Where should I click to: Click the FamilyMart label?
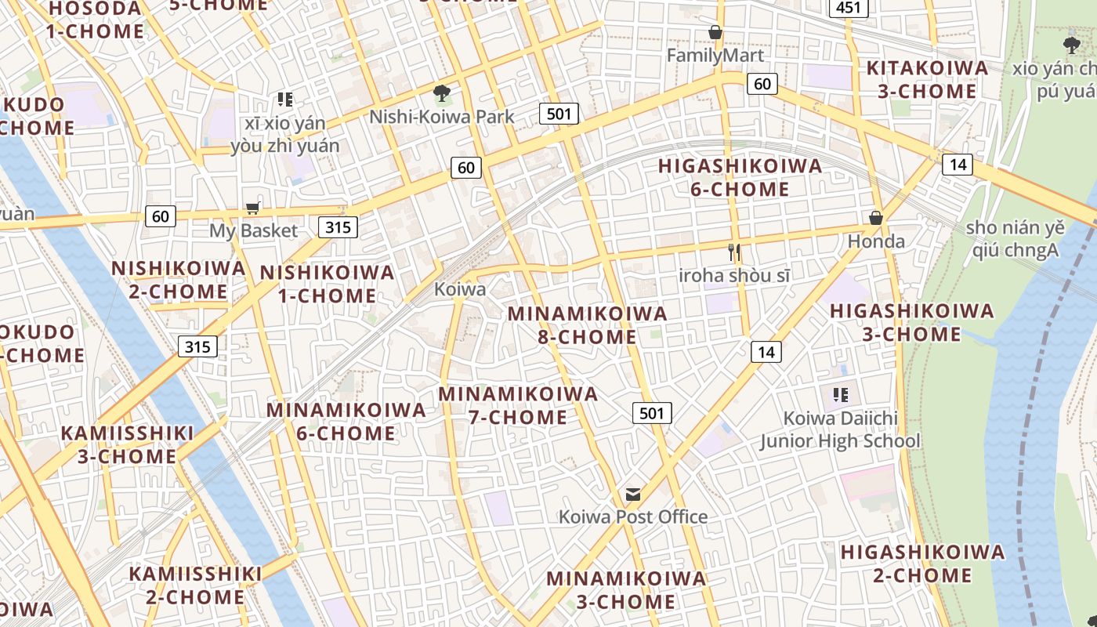click(x=715, y=56)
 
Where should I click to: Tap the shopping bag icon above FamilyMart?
click(x=715, y=32)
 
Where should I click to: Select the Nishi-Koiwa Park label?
click(x=442, y=117)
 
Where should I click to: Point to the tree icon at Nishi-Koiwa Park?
click(x=442, y=93)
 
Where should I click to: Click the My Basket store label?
click(x=253, y=230)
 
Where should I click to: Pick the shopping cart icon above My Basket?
click(x=252, y=208)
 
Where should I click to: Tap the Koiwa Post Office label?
click(x=632, y=516)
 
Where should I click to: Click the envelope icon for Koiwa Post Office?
click(x=633, y=495)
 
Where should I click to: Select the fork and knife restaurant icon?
click(x=734, y=252)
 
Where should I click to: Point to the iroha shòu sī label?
click(x=734, y=276)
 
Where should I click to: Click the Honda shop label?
click(x=876, y=241)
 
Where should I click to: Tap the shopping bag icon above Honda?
click(x=876, y=218)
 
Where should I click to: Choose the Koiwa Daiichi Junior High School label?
click(x=840, y=429)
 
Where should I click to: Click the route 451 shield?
click(x=849, y=9)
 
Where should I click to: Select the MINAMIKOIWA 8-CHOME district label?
click(x=587, y=325)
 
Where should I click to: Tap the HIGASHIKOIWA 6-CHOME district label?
click(x=740, y=178)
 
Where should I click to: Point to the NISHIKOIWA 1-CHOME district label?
click(x=327, y=284)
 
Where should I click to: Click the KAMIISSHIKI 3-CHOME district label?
click(x=127, y=445)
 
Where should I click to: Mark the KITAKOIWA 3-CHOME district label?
click(x=927, y=80)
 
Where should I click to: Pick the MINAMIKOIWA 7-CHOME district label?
click(x=518, y=405)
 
